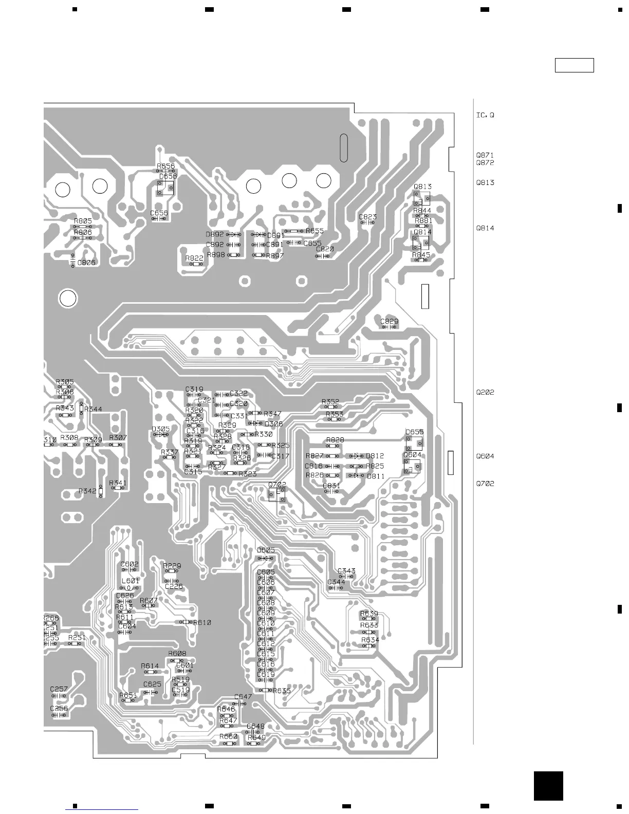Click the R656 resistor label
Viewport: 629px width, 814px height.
click(165, 166)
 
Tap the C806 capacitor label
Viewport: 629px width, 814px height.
click(86, 263)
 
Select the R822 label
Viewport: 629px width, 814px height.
click(194, 258)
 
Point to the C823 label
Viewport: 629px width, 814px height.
click(367, 217)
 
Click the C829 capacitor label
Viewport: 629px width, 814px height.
click(389, 322)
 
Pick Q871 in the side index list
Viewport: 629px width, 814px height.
click(485, 155)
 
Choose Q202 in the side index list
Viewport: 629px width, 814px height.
click(485, 392)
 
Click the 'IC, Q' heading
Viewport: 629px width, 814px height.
click(485, 115)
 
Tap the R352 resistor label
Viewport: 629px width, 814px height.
click(330, 402)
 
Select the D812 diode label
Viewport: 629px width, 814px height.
click(375, 456)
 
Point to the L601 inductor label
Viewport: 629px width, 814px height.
click(131, 581)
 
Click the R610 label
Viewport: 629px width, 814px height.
click(202, 622)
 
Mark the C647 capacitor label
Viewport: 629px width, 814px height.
click(243, 697)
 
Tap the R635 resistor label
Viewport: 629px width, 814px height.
click(282, 691)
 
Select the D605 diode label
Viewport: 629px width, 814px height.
click(266, 550)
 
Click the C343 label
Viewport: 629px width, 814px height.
click(346, 571)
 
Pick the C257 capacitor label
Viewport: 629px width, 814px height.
click(59, 689)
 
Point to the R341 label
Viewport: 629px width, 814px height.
click(118, 483)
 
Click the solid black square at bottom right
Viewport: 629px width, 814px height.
click(548, 786)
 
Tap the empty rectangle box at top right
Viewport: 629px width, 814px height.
click(574, 65)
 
